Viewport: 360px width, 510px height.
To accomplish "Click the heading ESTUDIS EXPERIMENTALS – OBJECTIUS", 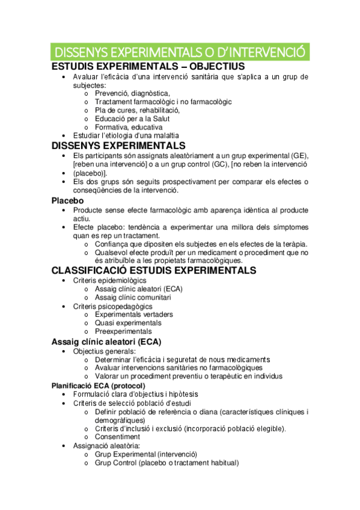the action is tap(148, 66).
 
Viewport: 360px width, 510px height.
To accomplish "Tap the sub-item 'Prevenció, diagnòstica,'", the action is tap(132, 93).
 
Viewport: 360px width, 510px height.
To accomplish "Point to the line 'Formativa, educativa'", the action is tap(128, 127).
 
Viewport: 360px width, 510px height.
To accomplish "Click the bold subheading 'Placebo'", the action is tap(68, 200).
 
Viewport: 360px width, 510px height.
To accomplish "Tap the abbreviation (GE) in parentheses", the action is tap(297, 156).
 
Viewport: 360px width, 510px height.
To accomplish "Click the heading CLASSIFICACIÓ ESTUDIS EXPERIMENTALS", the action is tap(154, 271).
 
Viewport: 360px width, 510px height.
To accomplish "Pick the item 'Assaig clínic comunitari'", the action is tap(133, 297).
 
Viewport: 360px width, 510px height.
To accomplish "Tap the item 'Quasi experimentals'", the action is tap(128, 323).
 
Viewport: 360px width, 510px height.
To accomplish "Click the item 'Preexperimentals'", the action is tap(123, 331).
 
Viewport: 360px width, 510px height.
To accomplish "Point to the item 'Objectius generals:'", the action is tap(105, 351).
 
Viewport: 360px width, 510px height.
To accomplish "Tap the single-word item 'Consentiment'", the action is tap(118, 437).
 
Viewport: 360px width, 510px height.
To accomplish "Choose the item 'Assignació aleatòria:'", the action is tap(106, 446).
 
